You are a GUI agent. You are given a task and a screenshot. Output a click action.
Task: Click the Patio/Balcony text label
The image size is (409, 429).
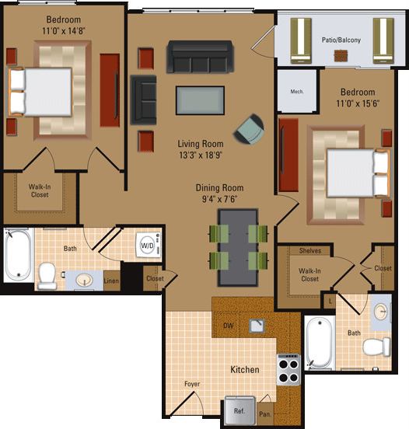[x=341, y=39]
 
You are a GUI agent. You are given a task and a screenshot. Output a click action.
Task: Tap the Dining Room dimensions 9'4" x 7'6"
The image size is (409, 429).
[x=219, y=198]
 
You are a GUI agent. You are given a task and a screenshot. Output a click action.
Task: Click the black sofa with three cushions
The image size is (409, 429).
[x=200, y=57]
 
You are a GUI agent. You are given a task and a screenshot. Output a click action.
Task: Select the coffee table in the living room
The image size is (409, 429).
[x=200, y=100]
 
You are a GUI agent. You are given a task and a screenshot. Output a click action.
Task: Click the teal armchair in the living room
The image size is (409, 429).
[x=250, y=129]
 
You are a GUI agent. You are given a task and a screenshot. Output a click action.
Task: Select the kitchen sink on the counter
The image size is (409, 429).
[x=257, y=326]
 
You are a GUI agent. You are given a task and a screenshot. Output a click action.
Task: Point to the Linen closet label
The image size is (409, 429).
[x=111, y=281]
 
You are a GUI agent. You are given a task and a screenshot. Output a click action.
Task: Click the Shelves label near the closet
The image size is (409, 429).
[x=310, y=250]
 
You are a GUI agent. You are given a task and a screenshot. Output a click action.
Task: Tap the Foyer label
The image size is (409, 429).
[x=192, y=383]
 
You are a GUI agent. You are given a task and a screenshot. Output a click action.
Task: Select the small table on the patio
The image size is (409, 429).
[x=341, y=55]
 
